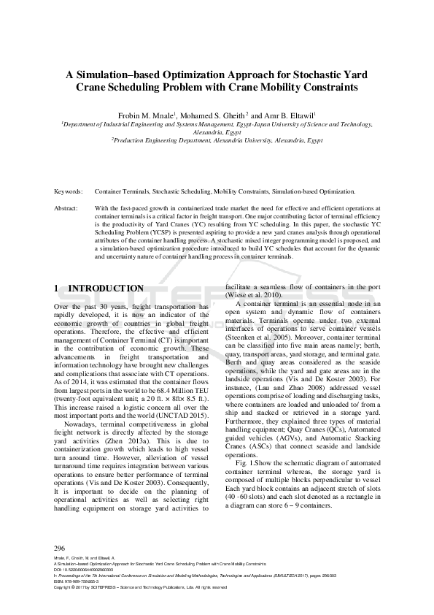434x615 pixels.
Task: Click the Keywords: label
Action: tap(69, 191)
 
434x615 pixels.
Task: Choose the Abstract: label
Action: tap(66, 208)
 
